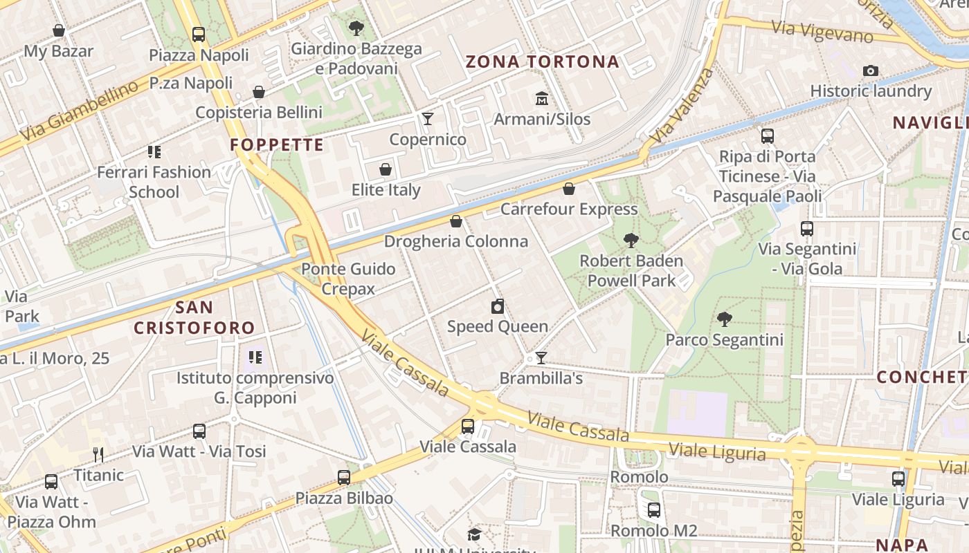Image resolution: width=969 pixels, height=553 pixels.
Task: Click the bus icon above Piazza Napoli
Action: click(x=199, y=34)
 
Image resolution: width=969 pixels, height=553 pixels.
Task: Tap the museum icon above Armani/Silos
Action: click(x=541, y=99)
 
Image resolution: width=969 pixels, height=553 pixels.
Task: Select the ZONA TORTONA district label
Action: click(x=542, y=62)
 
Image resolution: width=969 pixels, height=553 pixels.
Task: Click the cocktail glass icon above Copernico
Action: click(x=428, y=119)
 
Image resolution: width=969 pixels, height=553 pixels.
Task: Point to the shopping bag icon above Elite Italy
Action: click(x=386, y=169)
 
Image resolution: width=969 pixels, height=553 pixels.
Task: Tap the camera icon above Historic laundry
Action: click(x=871, y=71)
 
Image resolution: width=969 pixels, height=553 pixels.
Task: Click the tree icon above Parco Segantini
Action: click(x=724, y=319)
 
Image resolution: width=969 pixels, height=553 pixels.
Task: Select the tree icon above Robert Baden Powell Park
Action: click(x=631, y=241)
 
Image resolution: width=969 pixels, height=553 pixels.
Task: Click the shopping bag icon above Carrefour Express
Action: click(x=569, y=189)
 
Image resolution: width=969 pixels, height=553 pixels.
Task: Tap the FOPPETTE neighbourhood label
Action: click(x=277, y=144)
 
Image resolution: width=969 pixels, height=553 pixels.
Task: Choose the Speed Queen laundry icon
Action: click(x=497, y=306)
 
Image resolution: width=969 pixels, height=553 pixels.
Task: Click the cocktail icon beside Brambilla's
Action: click(x=541, y=358)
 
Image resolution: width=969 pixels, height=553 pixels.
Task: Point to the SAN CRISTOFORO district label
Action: click(x=194, y=317)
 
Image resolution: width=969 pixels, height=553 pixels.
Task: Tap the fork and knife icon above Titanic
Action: click(x=98, y=454)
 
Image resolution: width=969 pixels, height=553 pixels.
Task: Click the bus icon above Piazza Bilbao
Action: click(x=344, y=477)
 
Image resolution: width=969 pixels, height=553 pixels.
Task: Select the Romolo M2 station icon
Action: click(x=654, y=510)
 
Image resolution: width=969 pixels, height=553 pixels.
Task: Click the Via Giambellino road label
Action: click(x=80, y=111)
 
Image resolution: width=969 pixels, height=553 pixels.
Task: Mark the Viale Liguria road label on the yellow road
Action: click(x=717, y=452)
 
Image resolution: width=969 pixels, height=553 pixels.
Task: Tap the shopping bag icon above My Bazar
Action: click(x=59, y=30)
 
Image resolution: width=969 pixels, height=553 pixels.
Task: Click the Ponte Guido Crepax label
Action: click(x=348, y=279)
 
